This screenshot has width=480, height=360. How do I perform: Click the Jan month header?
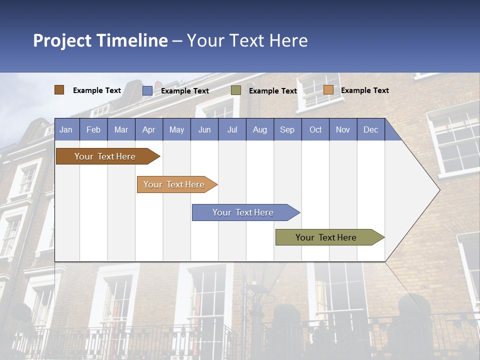point(66,129)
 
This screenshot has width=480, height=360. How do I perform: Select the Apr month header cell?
point(149,129)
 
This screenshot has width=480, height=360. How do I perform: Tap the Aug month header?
point(260,129)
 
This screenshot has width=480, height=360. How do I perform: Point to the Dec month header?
point(370,129)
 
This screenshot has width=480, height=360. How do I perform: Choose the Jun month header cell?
point(204,129)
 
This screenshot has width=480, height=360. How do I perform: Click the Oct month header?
point(315,129)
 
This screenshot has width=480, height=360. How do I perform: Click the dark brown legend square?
point(59,90)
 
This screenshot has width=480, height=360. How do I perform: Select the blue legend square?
point(147,90)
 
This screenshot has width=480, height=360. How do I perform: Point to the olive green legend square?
point(236,90)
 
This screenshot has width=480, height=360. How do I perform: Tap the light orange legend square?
point(328,90)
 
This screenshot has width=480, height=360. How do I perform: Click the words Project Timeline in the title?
point(100,40)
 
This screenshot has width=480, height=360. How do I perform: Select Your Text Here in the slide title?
point(247,40)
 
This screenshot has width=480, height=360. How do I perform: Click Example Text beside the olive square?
point(273,91)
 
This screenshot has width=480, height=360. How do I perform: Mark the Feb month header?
point(93,129)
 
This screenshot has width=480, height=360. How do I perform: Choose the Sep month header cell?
point(287,129)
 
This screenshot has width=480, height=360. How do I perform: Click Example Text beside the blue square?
point(185,91)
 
